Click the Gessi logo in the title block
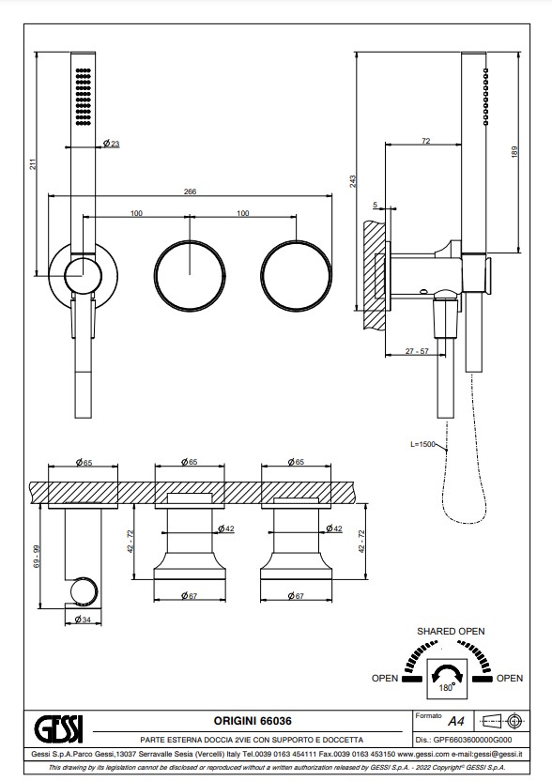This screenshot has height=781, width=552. (58, 728)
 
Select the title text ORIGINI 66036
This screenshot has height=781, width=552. (253, 721)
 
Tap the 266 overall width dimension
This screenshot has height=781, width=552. (190, 191)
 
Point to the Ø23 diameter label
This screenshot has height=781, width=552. (111, 144)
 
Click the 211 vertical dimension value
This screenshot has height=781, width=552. (33, 164)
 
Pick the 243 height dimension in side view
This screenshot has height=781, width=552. (353, 181)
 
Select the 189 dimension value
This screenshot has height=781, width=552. (514, 152)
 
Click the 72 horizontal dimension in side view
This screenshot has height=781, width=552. (425, 141)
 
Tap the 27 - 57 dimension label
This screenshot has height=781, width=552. (417, 351)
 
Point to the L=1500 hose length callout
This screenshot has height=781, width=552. (422, 444)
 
